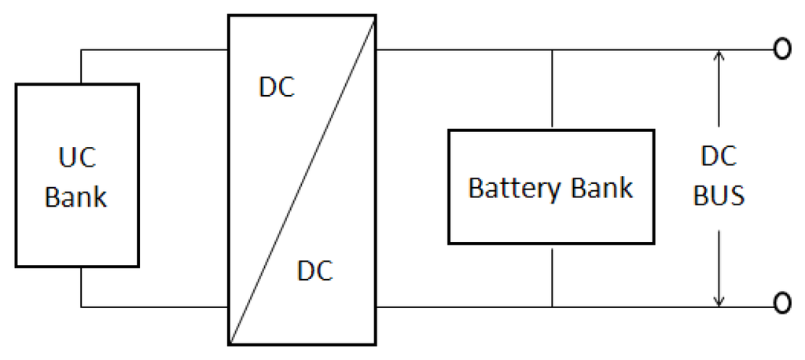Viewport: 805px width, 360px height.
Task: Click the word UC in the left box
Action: click(x=76, y=156)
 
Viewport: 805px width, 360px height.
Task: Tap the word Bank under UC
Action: click(x=76, y=197)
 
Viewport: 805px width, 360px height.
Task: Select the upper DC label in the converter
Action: click(x=276, y=88)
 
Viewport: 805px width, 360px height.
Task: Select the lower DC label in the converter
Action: click(x=314, y=271)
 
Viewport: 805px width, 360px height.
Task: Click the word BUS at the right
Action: click(x=719, y=196)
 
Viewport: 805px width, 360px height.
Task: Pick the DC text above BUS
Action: click(x=719, y=156)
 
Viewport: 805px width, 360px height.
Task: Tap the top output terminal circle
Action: click(x=781, y=50)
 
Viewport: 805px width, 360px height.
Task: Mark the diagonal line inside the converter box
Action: click(x=302, y=179)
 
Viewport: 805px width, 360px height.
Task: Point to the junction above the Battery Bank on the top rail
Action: click(x=552, y=50)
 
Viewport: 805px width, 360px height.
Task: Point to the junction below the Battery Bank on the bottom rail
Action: click(x=552, y=307)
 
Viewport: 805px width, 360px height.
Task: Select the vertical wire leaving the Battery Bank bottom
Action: click(x=552, y=275)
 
